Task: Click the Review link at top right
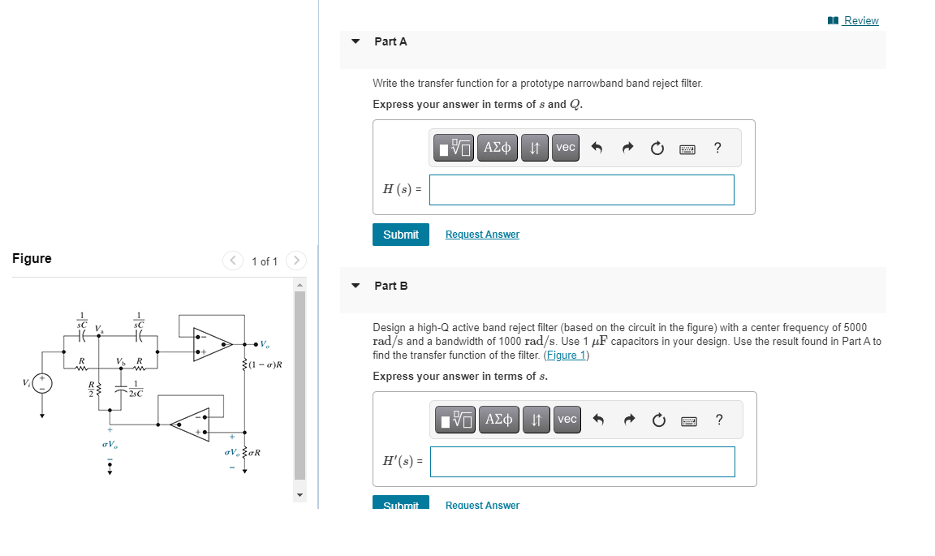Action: coord(860,20)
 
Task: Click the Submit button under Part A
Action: coord(401,235)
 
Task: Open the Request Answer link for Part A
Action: coord(482,235)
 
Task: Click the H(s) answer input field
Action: coord(581,190)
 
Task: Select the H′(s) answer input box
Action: coord(582,462)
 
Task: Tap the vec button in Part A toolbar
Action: coord(566,148)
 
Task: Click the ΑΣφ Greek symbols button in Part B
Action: coord(498,420)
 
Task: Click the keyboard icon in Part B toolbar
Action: coord(688,420)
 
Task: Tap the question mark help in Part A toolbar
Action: coord(717,148)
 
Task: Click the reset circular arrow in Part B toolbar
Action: coord(657,420)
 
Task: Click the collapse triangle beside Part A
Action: coord(355,41)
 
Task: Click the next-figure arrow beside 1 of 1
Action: coord(297,261)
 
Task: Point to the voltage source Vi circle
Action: coord(43,383)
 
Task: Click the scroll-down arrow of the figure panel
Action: coord(299,494)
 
